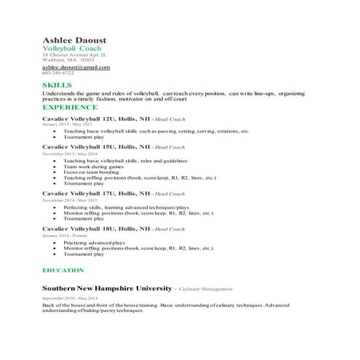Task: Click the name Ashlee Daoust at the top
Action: (74, 39)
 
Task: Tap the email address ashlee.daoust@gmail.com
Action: (76, 67)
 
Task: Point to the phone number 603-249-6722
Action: (57, 73)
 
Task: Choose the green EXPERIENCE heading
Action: (71, 107)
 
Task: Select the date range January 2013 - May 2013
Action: (67, 124)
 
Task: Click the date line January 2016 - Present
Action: (64, 236)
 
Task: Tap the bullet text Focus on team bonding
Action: (90, 172)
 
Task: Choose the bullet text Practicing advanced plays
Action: (94, 242)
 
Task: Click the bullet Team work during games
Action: (92, 166)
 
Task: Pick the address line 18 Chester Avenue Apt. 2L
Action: (74, 55)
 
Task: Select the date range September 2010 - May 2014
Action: (70, 298)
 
